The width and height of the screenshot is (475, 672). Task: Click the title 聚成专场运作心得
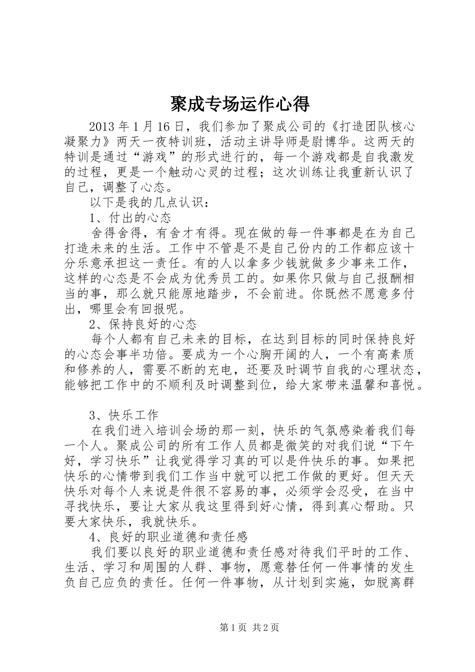click(237, 104)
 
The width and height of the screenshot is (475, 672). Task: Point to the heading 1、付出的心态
click(130, 218)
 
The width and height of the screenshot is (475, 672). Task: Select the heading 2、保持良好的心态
click(142, 324)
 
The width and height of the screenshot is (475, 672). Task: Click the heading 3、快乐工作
click(123, 415)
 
